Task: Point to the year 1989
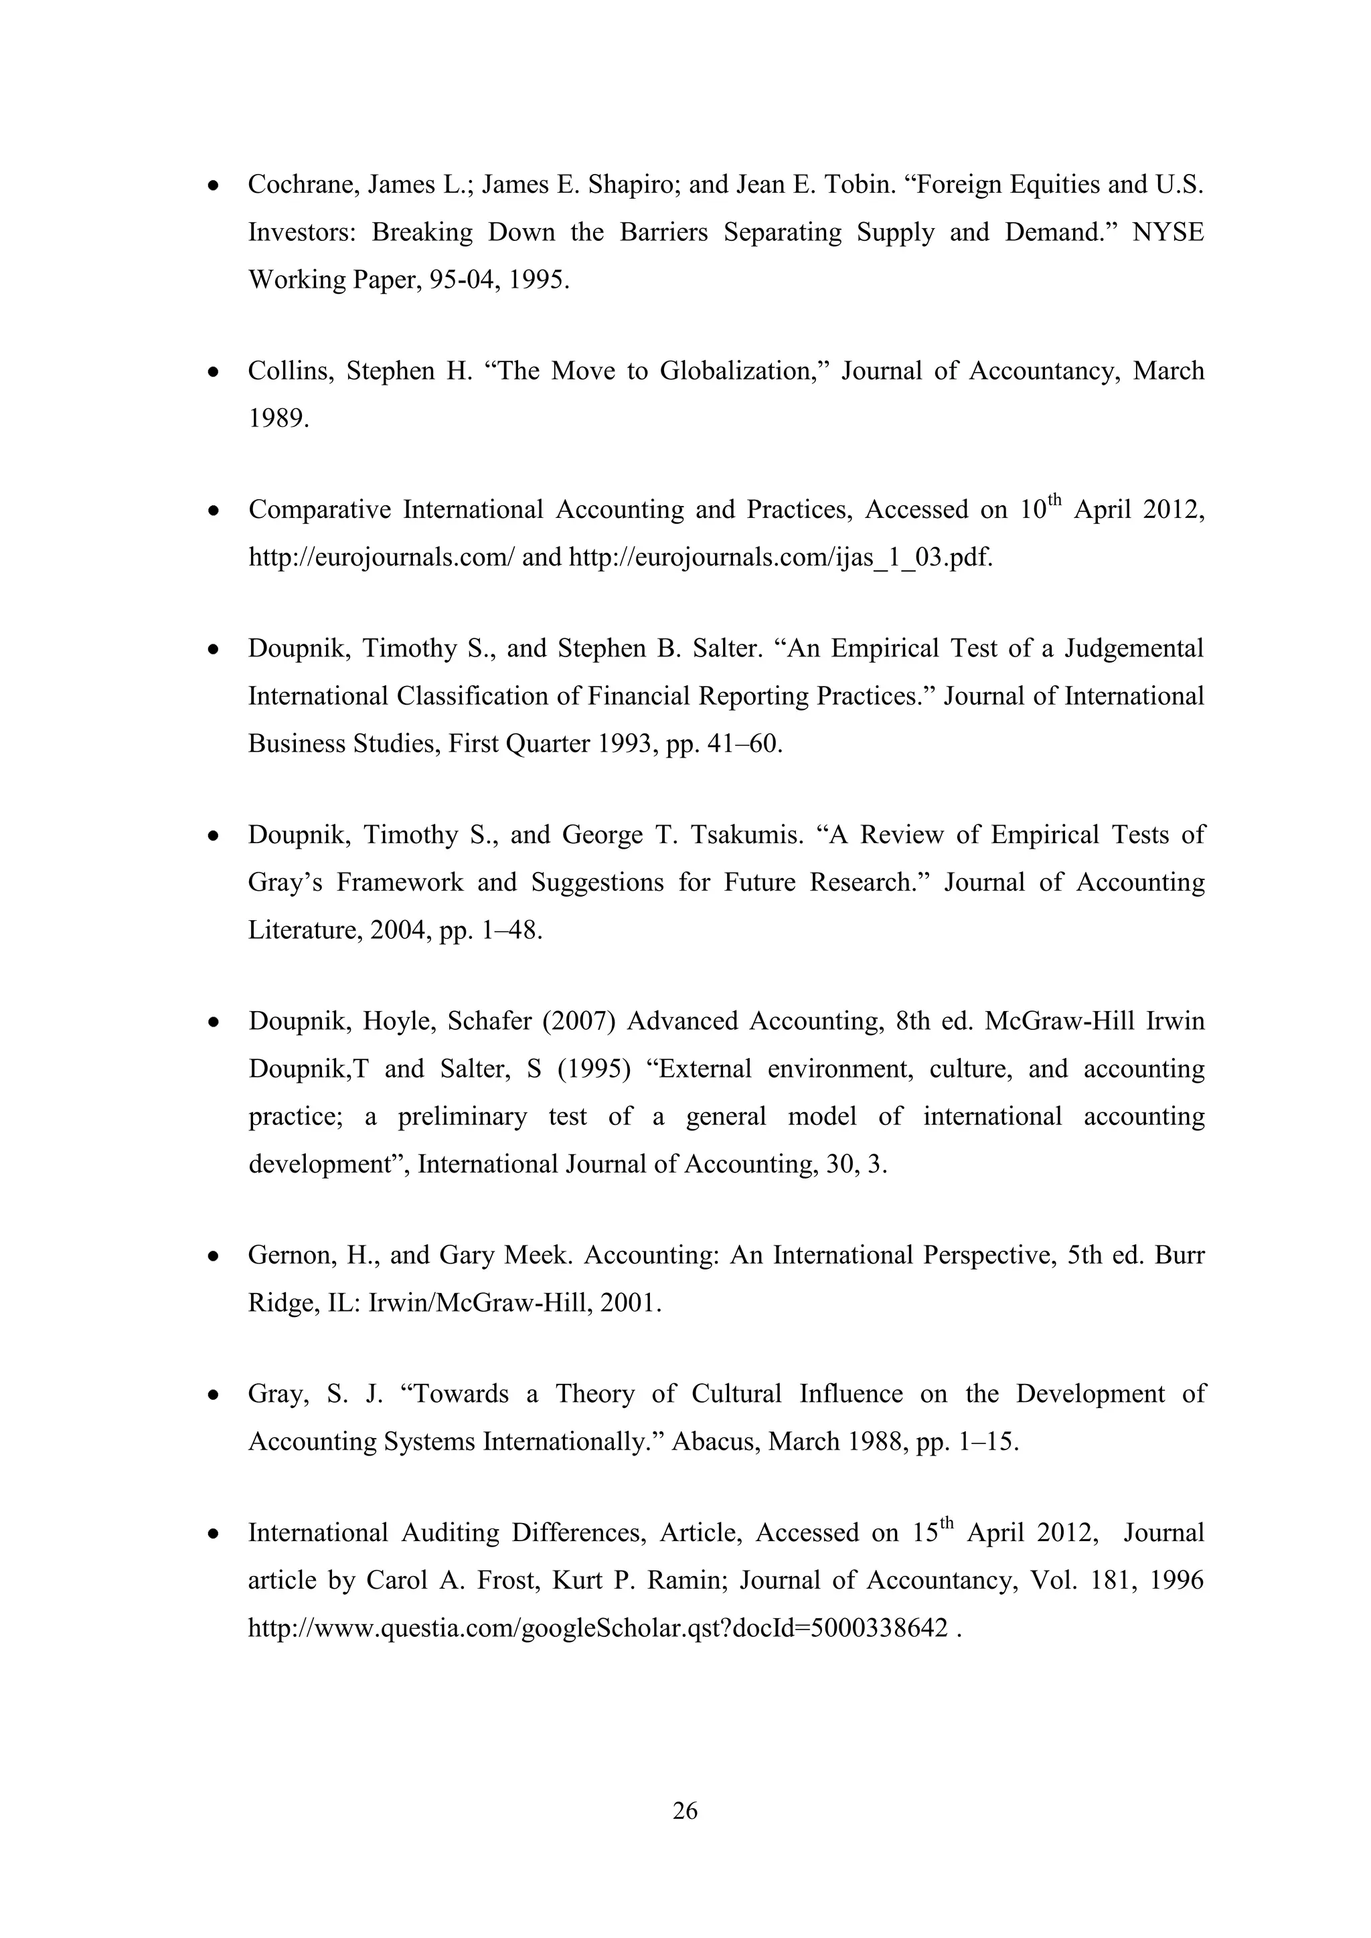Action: [278, 419]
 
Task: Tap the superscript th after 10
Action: [1054, 501]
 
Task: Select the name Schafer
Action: [489, 1021]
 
